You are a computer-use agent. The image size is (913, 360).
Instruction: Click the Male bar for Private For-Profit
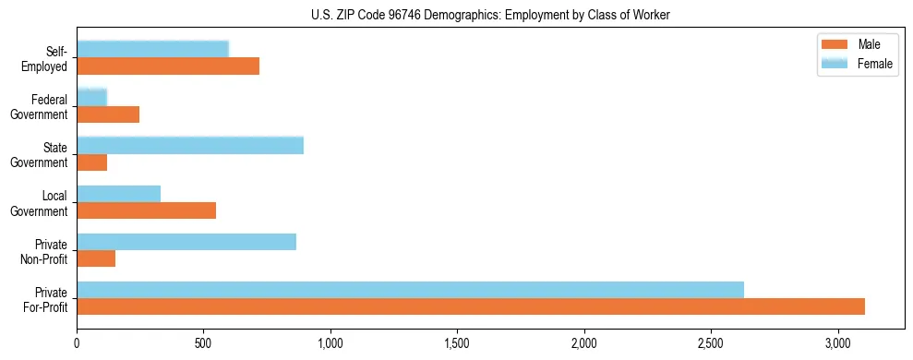(471, 306)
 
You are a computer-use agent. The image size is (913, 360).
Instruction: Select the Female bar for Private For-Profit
(410, 290)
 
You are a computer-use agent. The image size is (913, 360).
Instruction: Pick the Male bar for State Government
(92, 162)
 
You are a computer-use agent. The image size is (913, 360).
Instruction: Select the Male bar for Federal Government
(108, 114)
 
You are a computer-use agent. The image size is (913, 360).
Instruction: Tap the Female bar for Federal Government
(92, 97)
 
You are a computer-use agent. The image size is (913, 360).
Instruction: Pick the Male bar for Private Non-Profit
(96, 258)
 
